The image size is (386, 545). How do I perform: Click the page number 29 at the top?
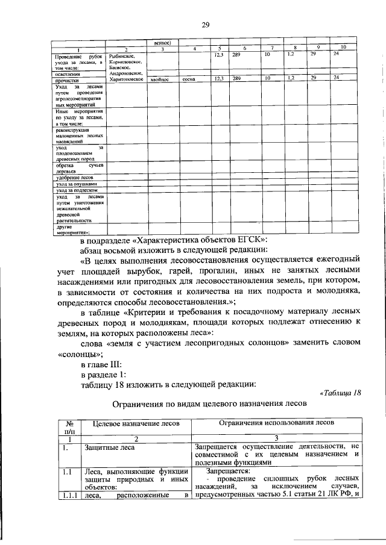(205, 24)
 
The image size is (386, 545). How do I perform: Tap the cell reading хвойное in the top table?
(160, 79)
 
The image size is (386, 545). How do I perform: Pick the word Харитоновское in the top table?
(125, 79)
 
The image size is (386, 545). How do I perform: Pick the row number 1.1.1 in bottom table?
(69, 495)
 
